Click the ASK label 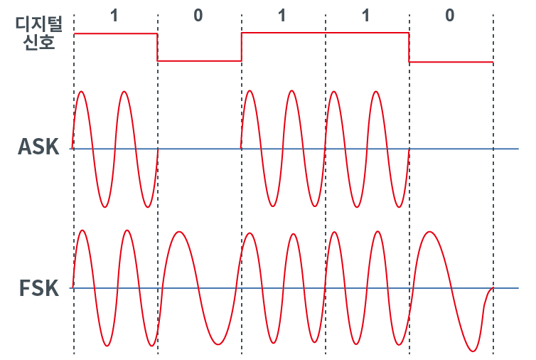(x=38, y=147)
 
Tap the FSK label (x=39, y=288)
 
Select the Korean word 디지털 (x=38, y=24)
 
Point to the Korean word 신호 (x=39, y=42)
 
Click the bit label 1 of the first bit (x=114, y=16)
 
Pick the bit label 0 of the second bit (x=198, y=16)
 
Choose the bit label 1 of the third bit (x=282, y=16)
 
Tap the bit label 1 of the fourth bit (x=366, y=16)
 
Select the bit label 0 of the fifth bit (x=450, y=16)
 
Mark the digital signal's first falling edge (x=157, y=47)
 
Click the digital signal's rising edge (x=241, y=47)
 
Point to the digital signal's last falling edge (x=409, y=48)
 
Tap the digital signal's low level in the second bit (x=199, y=61)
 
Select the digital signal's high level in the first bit (x=116, y=33)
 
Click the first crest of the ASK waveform (x=81, y=92)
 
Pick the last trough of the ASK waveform (x=399, y=207)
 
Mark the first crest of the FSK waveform (x=82, y=231)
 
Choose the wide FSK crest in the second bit (x=178, y=233)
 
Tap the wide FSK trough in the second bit (x=218, y=344)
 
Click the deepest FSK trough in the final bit (x=473, y=351)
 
